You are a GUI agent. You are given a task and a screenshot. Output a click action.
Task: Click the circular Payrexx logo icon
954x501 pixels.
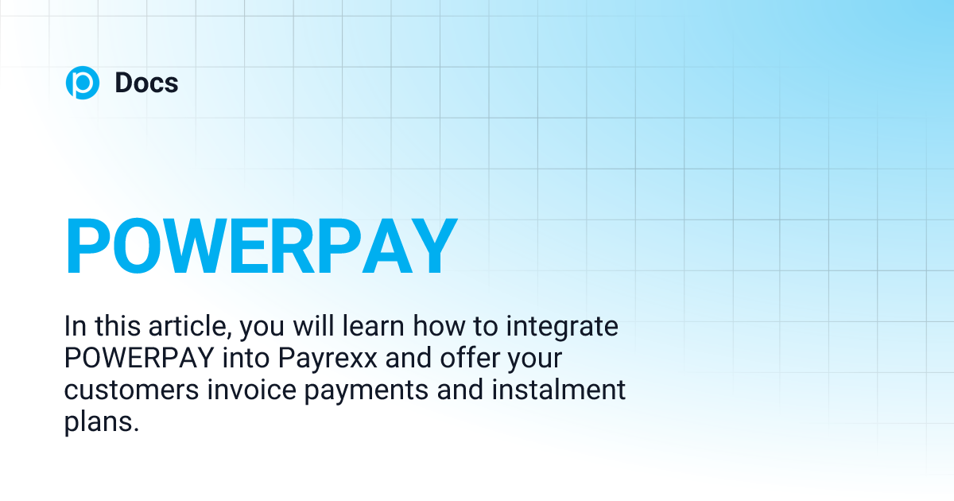(83, 83)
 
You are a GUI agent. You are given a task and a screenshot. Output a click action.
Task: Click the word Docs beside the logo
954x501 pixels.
(146, 83)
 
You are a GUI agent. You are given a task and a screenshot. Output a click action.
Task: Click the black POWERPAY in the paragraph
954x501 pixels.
(138, 359)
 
